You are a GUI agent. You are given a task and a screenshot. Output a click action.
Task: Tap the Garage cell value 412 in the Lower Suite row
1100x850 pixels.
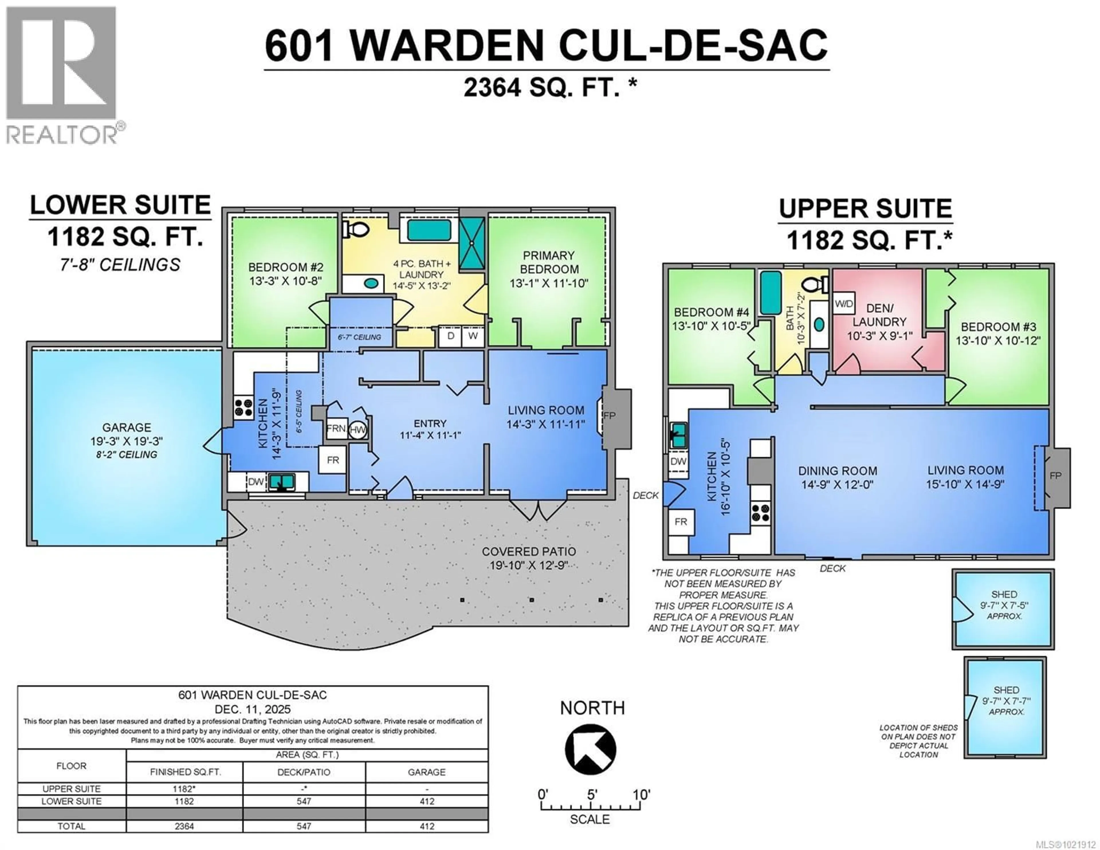tap(427, 801)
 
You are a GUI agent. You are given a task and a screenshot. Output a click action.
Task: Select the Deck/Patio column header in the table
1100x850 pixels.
tap(304, 772)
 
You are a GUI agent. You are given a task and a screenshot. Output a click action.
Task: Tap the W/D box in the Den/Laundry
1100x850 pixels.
tap(844, 304)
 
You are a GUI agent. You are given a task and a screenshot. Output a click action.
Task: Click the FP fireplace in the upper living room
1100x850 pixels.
tap(1056, 476)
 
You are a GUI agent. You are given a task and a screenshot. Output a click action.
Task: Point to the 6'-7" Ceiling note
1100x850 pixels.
tap(359, 337)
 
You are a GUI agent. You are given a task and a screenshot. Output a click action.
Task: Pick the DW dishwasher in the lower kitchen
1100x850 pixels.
tap(256, 482)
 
